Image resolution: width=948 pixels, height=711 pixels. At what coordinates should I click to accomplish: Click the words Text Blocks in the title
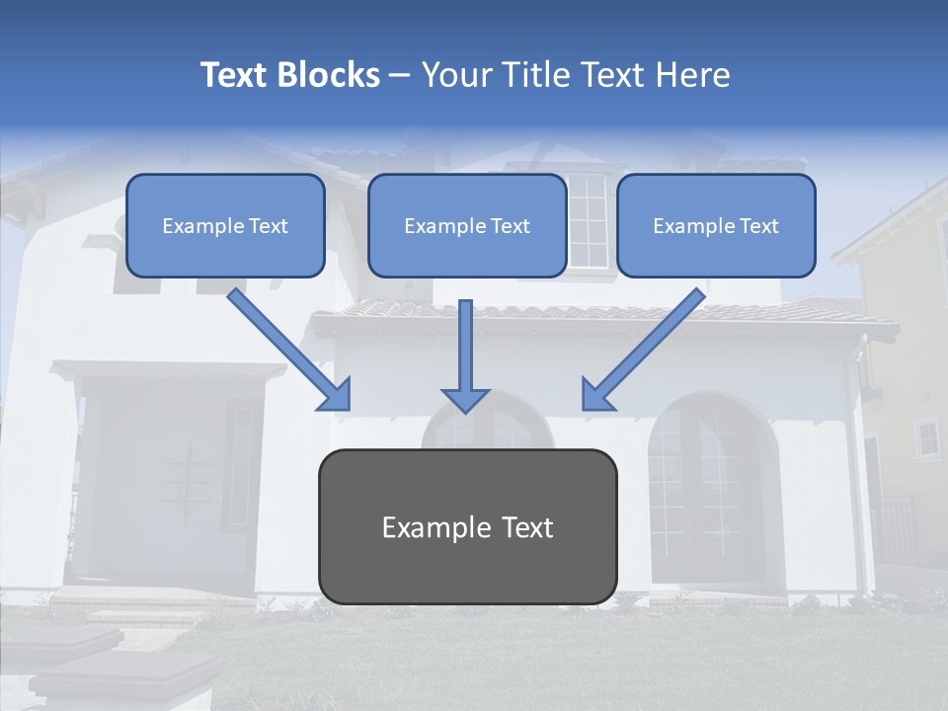coord(289,75)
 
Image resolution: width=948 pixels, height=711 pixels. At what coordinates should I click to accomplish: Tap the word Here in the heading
coord(692,75)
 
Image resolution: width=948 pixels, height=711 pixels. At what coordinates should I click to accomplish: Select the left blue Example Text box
coord(225,225)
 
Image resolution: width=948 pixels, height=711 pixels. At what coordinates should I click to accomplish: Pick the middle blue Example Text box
coord(467,225)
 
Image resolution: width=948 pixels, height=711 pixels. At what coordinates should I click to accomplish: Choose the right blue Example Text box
coord(716,225)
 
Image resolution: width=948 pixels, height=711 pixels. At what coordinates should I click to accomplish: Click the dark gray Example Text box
coord(467,526)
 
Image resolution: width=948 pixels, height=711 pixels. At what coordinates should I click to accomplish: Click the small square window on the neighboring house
coord(926,437)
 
